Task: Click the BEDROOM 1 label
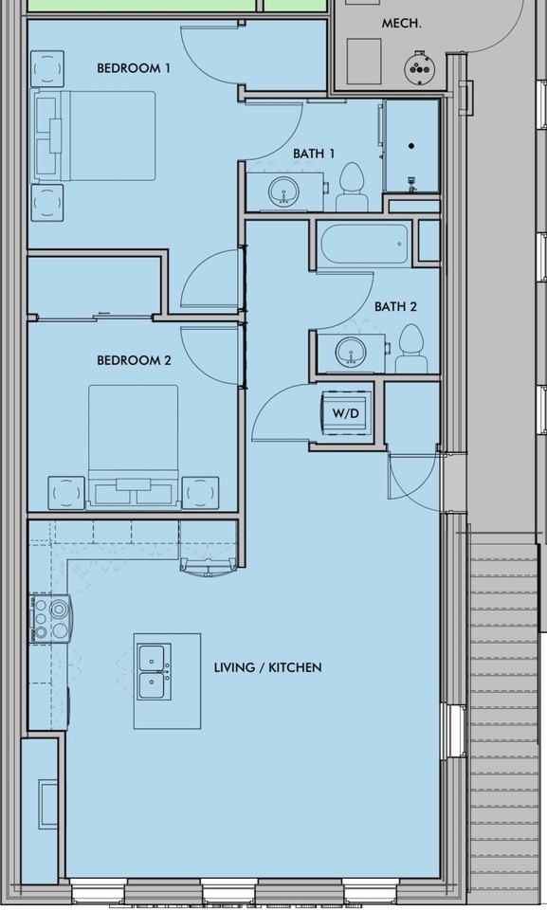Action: (134, 68)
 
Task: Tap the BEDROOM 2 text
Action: (134, 360)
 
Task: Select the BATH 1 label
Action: (314, 154)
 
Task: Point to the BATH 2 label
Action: (395, 306)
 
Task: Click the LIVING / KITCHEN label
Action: (267, 667)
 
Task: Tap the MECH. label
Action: (401, 24)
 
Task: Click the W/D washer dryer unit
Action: (346, 413)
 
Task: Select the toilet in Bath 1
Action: (352, 187)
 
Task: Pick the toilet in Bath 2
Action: (411, 349)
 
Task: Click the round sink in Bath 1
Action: (284, 191)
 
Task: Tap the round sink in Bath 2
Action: (351, 352)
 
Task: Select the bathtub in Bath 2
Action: (364, 244)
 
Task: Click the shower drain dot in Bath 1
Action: (411, 146)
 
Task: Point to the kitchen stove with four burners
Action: (50, 618)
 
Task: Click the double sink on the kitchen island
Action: (155, 671)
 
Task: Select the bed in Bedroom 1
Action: (94, 136)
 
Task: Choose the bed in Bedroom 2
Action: (134, 446)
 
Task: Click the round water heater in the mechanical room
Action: (419, 68)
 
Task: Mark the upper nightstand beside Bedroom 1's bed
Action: (47, 69)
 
